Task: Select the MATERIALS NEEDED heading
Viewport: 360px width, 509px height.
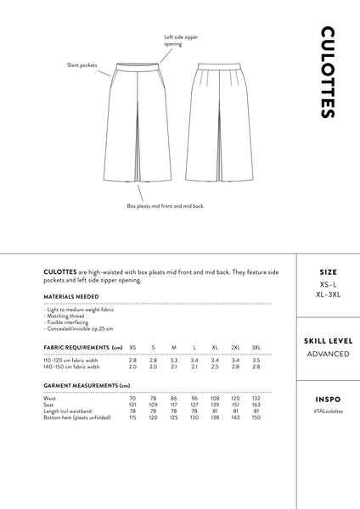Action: point(70,297)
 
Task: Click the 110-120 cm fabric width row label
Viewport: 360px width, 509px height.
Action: point(71,361)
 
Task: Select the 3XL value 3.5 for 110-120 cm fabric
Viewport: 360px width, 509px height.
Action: point(256,361)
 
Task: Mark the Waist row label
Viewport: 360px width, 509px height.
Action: point(49,398)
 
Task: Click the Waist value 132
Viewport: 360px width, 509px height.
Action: point(256,398)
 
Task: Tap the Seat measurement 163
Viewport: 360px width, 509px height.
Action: point(256,405)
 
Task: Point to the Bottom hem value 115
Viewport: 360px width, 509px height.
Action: point(132,417)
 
